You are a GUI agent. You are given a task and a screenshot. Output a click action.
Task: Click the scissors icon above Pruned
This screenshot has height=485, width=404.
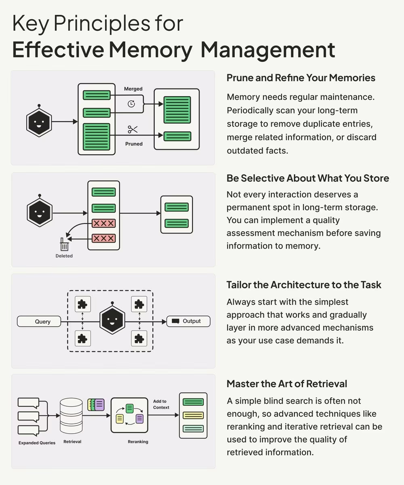click(x=133, y=129)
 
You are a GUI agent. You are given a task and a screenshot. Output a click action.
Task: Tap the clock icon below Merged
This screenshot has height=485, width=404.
click(x=131, y=103)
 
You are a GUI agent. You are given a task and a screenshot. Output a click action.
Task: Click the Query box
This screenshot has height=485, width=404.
click(x=39, y=321)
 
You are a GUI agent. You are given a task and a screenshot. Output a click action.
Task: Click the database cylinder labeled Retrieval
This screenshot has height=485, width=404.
click(x=71, y=416)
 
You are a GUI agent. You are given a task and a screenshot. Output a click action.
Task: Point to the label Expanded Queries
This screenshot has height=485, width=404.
click(x=37, y=443)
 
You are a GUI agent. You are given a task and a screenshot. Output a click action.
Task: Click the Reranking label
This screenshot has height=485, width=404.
click(x=138, y=442)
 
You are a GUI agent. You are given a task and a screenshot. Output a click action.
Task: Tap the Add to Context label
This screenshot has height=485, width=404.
click(x=161, y=404)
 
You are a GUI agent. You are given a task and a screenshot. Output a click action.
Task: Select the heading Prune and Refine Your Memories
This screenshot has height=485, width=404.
click(x=301, y=78)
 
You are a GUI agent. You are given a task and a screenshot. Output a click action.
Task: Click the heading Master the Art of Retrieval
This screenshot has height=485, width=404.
click(x=287, y=383)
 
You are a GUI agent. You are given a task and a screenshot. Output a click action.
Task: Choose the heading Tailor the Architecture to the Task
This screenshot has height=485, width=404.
click(x=304, y=285)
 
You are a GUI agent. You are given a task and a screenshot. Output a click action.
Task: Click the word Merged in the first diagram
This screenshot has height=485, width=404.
click(x=133, y=89)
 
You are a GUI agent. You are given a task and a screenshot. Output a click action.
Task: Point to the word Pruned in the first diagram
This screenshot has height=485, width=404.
click(x=134, y=143)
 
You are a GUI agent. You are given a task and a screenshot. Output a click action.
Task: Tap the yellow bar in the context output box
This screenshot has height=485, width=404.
click(x=193, y=415)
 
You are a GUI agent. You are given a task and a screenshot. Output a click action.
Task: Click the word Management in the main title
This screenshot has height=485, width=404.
click(x=268, y=49)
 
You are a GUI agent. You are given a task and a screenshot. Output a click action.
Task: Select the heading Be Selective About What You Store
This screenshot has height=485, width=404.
click(x=308, y=178)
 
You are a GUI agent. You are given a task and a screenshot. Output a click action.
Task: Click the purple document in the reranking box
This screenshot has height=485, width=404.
click(x=139, y=418)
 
